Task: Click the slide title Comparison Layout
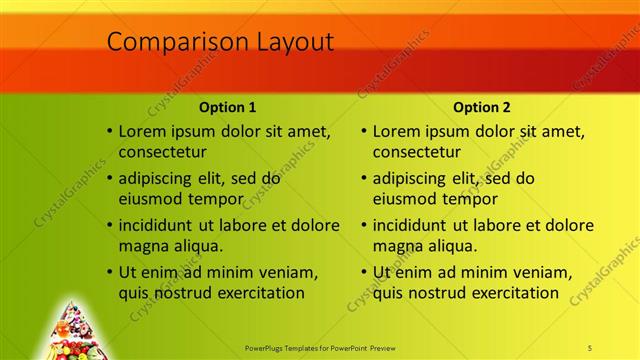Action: pos(220,42)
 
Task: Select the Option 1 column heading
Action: pos(227,107)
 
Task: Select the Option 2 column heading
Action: pos(481,107)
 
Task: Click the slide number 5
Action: pos(590,348)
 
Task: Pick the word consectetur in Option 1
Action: pos(163,153)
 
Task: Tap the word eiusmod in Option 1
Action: pos(150,199)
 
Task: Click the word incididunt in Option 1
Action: pos(161,225)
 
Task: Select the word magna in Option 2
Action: pos(397,246)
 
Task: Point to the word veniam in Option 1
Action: pos(286,272)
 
